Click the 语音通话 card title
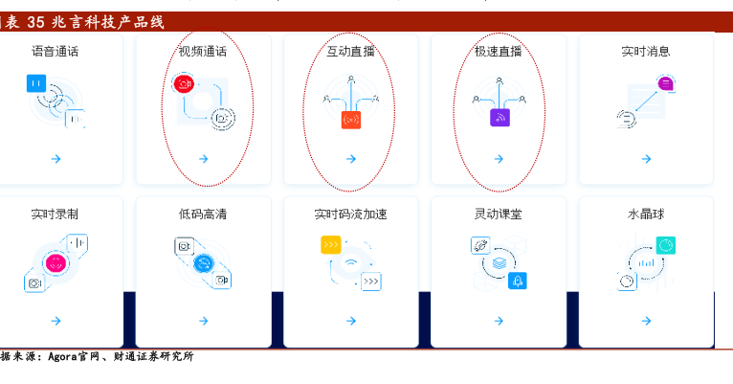(x=56, y=51)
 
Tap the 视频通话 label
(x=203, y=51)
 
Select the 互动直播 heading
(x=350, y=51)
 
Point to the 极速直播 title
(x=499, y=51)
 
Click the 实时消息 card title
(x=646, y=51)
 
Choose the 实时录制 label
(x=55, y=214)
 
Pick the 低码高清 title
(x=203, y=214)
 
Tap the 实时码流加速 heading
(x=350, y=214)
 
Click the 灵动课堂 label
(x=499, y=214)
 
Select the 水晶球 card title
(x=646, y=214)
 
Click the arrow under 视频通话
(x=204, y=159)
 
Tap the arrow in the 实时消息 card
(x=647, y=159)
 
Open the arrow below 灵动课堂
(x=499, y=321)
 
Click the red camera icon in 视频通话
(x=184, y=83)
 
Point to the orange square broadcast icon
(x=351, y=120)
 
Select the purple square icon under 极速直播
(x=500, y=118)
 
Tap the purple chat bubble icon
(x=665, y=83)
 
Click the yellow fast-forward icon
(x=330, y=244)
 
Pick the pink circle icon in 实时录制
(x=56, y=262)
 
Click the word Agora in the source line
(x=62, y=356)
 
